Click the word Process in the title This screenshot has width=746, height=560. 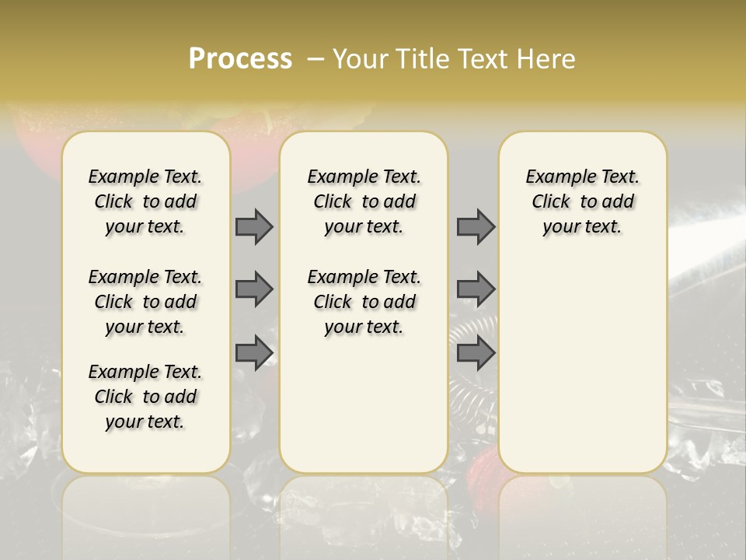240,58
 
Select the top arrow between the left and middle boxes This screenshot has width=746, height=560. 254,226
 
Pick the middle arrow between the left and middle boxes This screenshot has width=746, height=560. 254,289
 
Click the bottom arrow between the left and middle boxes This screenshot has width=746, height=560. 254,353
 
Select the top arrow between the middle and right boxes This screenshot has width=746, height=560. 476,226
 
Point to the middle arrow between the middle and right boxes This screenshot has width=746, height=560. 476,289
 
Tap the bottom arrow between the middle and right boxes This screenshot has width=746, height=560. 476,353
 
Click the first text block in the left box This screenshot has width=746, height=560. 145,201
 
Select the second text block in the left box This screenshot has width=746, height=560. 145,302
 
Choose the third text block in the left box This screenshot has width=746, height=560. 145,397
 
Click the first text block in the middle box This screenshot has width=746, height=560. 364,201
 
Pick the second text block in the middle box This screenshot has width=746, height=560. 364,302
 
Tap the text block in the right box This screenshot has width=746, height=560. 583,201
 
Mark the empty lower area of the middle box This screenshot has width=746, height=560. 364,404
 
